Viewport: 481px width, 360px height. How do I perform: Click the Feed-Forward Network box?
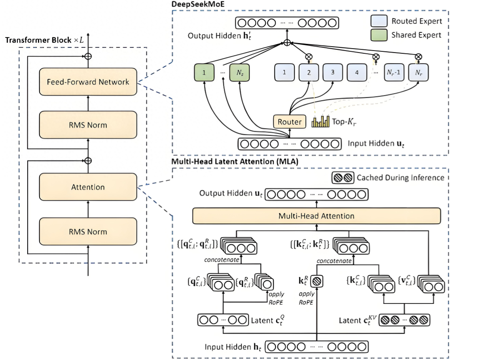tap(88, 82)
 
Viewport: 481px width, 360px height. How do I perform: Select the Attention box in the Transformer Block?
tap(88, 187)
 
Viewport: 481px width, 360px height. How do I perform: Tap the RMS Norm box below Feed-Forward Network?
tap(88, 125)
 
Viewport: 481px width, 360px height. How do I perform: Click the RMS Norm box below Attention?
tap(88, 231)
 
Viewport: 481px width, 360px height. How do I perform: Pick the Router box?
tap(290, 121)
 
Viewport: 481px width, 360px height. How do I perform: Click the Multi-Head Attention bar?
tap(316, 216)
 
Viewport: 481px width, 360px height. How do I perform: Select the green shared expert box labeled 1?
tap(204, 72)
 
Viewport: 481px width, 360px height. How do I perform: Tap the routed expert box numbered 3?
tap(333, 72)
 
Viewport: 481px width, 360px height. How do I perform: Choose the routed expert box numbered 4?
tap(357, 72)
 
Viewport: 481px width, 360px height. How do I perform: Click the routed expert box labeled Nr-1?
tap(394, 72)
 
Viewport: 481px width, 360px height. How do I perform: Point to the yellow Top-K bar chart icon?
tap(320, 121)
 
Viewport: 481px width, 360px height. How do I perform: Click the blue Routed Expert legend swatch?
tap(379, 21)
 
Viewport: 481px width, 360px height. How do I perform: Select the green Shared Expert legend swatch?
tap(379, 35)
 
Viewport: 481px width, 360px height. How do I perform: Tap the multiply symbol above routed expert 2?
tap(309, 57)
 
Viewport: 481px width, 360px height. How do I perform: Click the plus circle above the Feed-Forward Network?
tap(88, 57)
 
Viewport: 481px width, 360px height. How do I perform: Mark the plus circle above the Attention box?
tap(88, 161)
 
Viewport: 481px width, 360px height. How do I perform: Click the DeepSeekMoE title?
tap(198, 4)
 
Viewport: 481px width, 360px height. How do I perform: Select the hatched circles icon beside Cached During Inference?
tap(343, 177)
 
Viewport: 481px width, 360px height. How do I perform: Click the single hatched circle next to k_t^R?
tap(317, 281)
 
